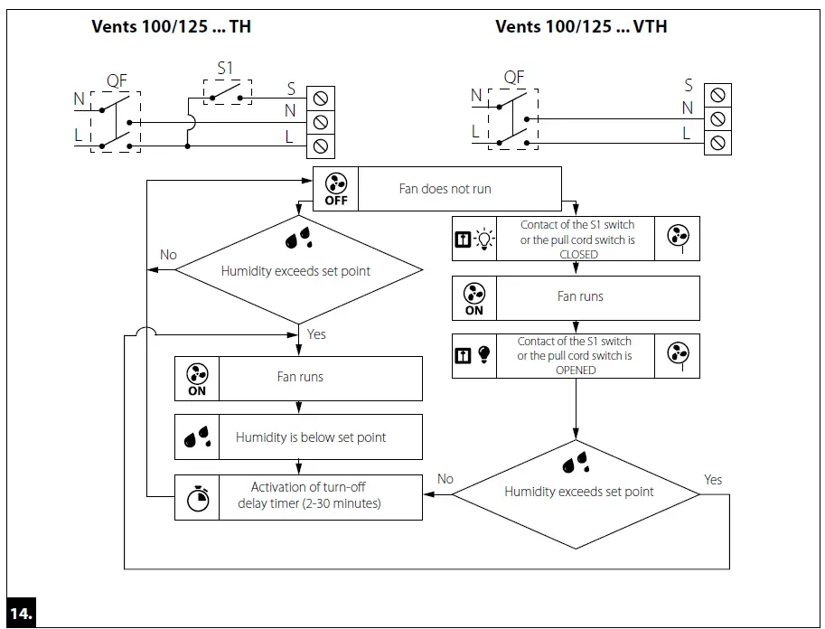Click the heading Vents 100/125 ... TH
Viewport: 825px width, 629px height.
(171, 26)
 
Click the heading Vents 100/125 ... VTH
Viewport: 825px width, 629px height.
(581, 26)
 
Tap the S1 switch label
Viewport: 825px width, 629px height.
(226, 68)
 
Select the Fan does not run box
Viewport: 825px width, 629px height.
(445, 189)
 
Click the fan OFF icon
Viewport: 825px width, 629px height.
(335, 189)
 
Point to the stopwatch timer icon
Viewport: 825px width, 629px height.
(197, 498)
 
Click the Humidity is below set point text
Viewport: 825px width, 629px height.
(311, 437)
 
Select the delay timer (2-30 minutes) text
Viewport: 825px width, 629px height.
(309, 503)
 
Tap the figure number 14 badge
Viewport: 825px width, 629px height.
(22, 612)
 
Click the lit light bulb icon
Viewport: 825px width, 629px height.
(485, 239)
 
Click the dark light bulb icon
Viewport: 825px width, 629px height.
(484, 356)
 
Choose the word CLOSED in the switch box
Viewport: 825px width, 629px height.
(578, 255)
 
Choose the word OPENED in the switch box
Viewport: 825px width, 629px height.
(576, 371)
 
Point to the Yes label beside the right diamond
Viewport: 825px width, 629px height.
(713, 480)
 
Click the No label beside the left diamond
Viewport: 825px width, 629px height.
(168, 255)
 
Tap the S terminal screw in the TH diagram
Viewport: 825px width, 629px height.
(320, 96)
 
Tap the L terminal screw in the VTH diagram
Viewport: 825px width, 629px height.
(717, 143)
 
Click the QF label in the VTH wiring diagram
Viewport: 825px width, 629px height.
(513, 78)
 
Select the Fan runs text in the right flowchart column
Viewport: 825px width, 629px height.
(580, 296)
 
